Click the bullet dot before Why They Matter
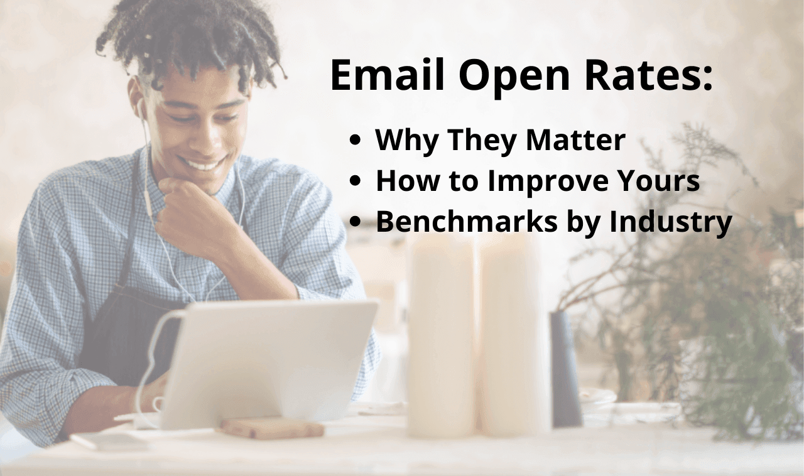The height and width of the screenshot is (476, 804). click(x=356, y=141)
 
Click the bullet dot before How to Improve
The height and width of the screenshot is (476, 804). click(x=356, y=182)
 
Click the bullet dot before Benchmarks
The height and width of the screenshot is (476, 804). click(x=356, y=222)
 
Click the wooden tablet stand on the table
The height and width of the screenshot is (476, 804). click(x=272, y=428)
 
